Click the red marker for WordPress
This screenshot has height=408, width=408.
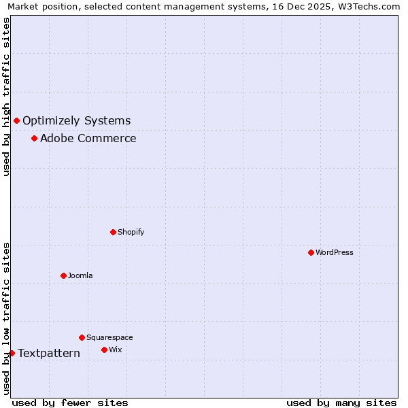pos(311,252)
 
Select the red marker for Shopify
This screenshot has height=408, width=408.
pos(113,232)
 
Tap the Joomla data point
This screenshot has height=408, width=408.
pos(63,275)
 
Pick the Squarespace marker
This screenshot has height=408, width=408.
pos(82,337)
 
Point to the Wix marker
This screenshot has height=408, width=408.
pos(104,350)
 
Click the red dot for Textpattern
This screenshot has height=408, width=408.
pos(12,353)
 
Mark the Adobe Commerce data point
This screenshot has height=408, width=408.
pos(34,139)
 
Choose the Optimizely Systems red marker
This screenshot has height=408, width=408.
pos(16,120)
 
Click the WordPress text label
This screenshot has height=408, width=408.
pos(335,252)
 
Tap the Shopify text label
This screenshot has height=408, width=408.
pos(131,232)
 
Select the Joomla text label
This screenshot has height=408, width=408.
pos(80,275)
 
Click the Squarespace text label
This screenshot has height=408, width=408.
pos(109,337)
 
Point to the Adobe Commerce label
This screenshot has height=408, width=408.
pos(88,139)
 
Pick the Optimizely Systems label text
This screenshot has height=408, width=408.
pos(77,121)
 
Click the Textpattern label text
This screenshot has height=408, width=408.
pos(49,353)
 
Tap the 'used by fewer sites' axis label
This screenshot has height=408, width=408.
pos(70,403)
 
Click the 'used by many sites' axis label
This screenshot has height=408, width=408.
pos(341,403)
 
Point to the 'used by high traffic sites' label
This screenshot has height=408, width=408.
pos(7,97)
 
